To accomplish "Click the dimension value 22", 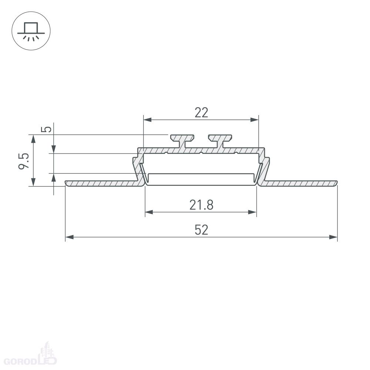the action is pyautogui.click(x=201, y=112).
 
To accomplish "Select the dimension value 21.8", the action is pyautogui.click(x=201, y=205).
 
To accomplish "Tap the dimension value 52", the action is pyautogui.click(x=201, y=230).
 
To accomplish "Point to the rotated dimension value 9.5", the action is pyautogui.click(x=24, y=161).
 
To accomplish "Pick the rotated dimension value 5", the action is pyautogui.click(x=46, y=129).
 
